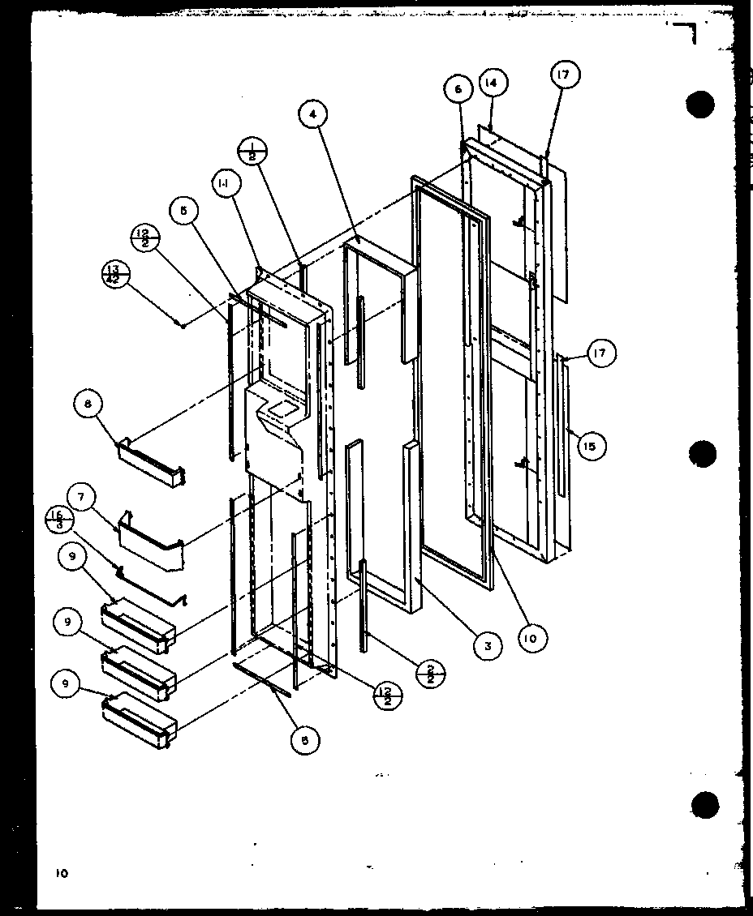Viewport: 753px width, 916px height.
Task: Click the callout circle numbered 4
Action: [x=312, y=114]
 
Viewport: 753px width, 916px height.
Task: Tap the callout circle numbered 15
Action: [x=592, y=446]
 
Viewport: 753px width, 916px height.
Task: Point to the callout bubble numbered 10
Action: [x=530, y=638]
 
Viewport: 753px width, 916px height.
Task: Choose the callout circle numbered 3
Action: [x=488, y=645]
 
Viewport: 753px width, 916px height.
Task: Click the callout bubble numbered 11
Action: [x=222, y=185]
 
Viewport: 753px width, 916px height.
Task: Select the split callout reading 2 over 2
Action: [x=428, y=671]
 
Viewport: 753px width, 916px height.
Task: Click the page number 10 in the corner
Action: [x=62, y=873]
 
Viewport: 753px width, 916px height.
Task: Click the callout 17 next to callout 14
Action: [x=564, y=75]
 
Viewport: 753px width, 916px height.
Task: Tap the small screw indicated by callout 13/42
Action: [x=184, y=325]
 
